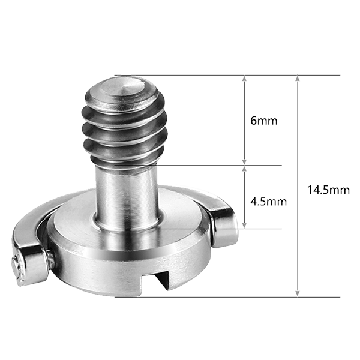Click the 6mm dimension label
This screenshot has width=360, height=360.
263,121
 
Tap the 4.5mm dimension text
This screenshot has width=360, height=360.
268,202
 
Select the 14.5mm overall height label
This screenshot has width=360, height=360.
328,190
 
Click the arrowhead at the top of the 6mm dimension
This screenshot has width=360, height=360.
244,79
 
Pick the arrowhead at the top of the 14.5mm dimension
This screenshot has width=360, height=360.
297,79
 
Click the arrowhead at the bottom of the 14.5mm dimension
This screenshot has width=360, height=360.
297,293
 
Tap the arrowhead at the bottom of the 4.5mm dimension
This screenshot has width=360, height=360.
244,225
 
